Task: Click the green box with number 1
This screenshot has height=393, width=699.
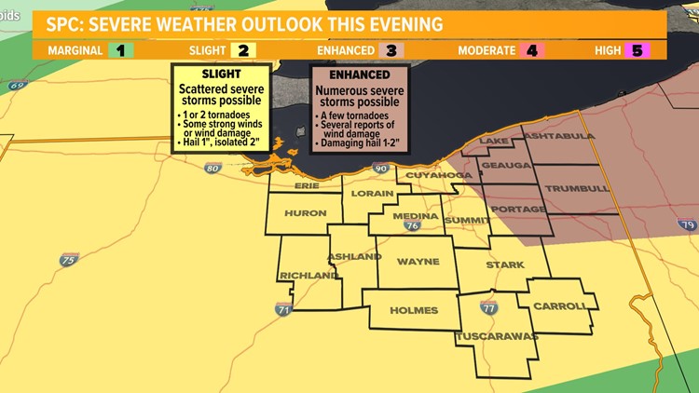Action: click(120, 50)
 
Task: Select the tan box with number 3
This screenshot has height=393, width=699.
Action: click(391, 50)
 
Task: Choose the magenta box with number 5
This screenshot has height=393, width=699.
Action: click(638, 50)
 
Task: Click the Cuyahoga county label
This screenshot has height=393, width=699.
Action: click(432, 174)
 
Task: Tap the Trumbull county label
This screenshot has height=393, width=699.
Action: click(577, 188)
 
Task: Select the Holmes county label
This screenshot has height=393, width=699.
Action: click(414, 309)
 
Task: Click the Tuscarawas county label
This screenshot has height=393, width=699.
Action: click(497, 336)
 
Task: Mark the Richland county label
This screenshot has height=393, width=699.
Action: click(308, 276)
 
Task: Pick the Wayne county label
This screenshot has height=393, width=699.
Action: click(418, 262)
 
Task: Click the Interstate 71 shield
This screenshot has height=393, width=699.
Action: click(283, 308)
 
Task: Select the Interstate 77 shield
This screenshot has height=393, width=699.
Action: click(490, 307)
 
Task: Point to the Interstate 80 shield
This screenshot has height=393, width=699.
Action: click(212, 169)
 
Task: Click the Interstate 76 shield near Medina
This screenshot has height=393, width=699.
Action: click(412, 224)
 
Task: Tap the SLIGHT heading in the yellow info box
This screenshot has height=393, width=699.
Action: click(221, 75)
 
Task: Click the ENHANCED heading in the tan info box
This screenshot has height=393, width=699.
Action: click(359, 75)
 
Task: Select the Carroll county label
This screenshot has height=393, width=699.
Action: click(560, 306)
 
